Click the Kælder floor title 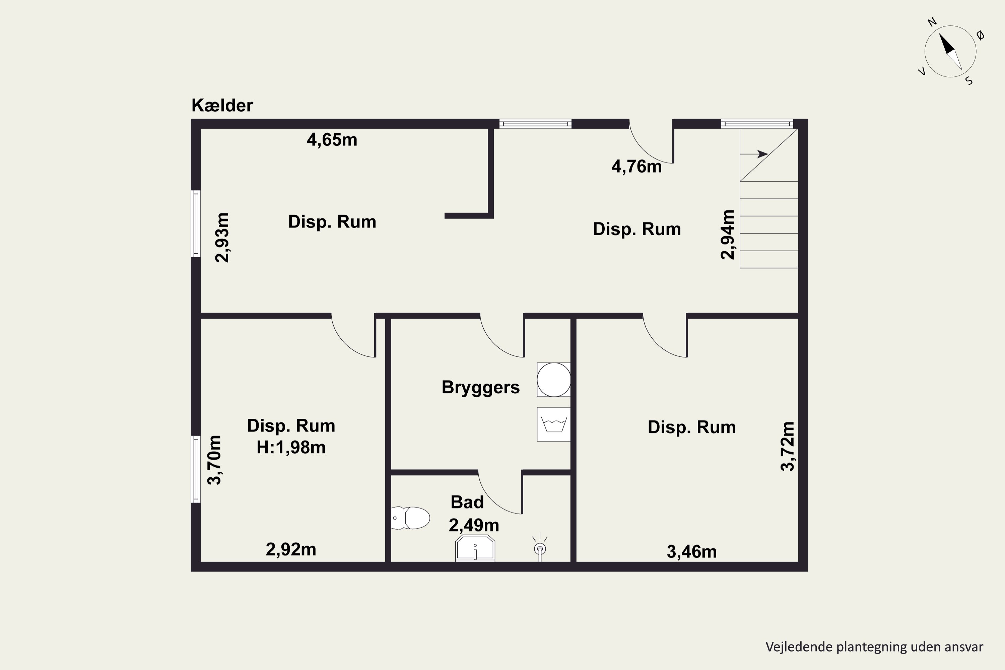pyautogui.click(x=222, y=105)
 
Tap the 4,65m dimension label pyautogui.click(x=332, y=140)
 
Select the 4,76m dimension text pyautogui.click(x=637, y=166)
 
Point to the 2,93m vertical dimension pyautogui.click(x=222, y=238)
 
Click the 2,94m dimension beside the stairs pyautogui.click(x=727, y=234)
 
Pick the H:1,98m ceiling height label pyautogui.click(x=291, y=447)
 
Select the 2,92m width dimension pyautogui.click(x=291, y=549)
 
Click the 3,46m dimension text pyautogui.click(x=692, y=552)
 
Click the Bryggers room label pyautogui.click(x=481, y=388)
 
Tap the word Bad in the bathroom pyautogui.click(x=467, y=502)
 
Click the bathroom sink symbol pyautogui.click(x=475, y=548)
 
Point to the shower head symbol pyautogui.click(x=540, y=547)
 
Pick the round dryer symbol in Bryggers pyautogui.click(x=554, y=380)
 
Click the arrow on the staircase pyautogui.click(x=754, y=154)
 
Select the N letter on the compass pyautogui.click(x=932, y=22)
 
